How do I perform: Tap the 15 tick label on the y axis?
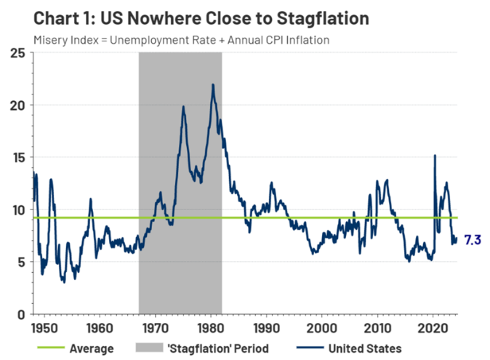tap(20, 158)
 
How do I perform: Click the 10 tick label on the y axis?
tap(20, 210)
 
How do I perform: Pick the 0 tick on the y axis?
tap(23, 314)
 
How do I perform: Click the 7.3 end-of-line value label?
tap(472, 239)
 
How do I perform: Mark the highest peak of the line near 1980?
tap(212, 84)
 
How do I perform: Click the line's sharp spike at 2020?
tap(435, 155)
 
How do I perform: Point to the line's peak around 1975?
tap(183, 107)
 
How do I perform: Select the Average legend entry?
tap(92, 348)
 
